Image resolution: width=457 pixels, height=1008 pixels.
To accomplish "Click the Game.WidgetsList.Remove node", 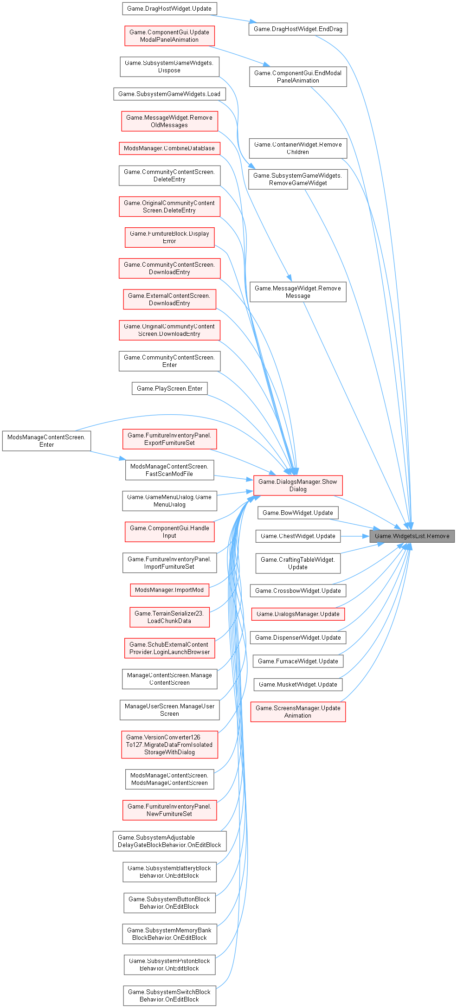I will click(412, 536).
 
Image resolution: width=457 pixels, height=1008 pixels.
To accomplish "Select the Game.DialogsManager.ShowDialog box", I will click(298, 485).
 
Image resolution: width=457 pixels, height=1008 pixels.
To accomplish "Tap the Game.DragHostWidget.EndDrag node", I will click(298, 29).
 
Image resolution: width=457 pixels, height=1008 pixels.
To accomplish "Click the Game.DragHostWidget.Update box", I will click(169, 8).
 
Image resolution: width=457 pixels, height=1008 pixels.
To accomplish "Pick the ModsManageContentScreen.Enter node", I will click(46, 441).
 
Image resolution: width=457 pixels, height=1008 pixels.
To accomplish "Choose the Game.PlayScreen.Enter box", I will click(169, 388).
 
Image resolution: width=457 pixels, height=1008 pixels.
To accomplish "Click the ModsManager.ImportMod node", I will click(169, 590).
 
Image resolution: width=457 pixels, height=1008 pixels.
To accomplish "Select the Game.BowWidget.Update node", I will click(298, 513).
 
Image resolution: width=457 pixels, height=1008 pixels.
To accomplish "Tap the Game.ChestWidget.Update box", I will click(298, 536).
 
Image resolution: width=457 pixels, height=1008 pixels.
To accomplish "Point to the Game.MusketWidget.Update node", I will click(298, 684).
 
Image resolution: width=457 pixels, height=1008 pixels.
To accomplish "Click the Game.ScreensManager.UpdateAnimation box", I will click(298, 712).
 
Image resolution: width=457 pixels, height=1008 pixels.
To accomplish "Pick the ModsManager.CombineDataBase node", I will click(169, 148).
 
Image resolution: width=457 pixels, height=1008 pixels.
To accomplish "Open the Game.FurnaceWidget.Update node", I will click(298, 661).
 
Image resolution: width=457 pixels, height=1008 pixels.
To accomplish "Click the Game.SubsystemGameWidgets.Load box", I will click(169, 94).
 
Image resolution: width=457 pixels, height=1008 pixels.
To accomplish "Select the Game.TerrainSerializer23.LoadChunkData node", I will click(169, 617).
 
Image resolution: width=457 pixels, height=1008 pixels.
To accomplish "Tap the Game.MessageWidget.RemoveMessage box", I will click(298, 292).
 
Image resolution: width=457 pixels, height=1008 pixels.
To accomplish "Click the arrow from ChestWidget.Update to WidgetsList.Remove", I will click(355, 536).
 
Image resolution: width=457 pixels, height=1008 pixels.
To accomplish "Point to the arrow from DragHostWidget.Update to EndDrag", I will click(232, 19).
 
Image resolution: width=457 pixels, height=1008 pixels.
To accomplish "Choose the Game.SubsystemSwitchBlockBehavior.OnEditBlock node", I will click(169, 995).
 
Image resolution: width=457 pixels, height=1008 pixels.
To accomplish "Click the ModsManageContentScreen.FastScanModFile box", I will click(169, 470).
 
